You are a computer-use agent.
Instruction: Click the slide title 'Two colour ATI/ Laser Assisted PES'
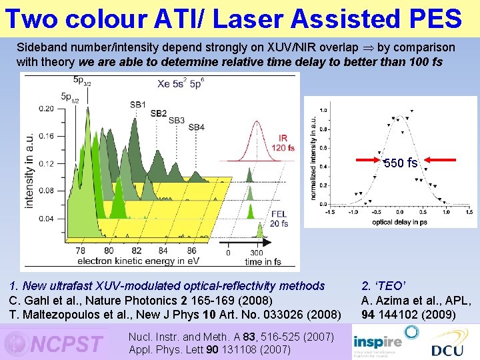[233, 18]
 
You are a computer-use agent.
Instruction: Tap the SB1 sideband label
[138, 105]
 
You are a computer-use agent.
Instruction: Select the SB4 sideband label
[196, 127]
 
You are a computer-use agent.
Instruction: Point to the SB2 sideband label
[158, 113]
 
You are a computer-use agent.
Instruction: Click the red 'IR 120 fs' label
[283, 143]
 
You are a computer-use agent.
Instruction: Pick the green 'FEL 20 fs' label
[279, 219]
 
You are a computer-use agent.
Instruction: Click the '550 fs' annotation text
[401, 163]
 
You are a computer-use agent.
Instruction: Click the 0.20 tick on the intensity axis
[46, 108]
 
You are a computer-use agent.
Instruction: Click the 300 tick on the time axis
[256, 253]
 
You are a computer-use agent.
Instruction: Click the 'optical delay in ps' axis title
[399, 222]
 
